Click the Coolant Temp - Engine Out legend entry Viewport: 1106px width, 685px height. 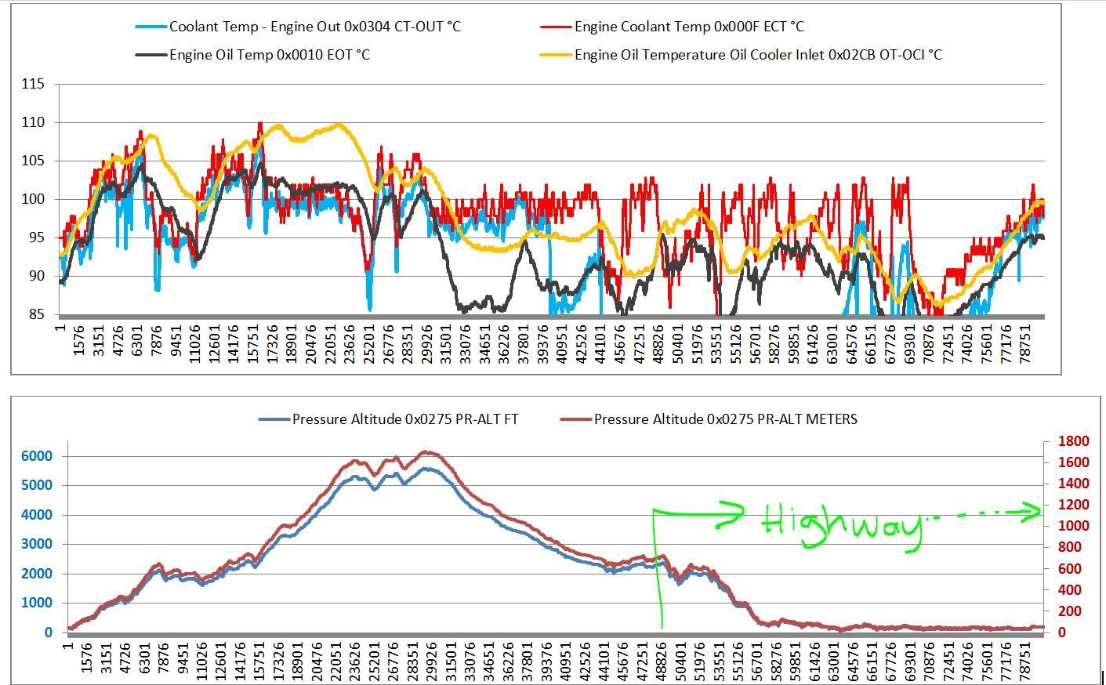coord(314,27)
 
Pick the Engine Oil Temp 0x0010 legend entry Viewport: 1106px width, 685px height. coord(269,55)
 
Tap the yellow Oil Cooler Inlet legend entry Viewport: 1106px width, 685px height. coord(757,55)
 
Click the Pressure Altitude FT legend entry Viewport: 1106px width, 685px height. coord(404,419)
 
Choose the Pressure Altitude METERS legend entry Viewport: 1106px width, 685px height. coord(724,419)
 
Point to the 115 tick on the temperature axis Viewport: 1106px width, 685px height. coord(33,84)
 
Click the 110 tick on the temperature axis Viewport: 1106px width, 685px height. coord(33,122)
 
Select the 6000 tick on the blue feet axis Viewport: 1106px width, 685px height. coord(38,456)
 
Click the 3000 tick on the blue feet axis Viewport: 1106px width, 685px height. coord(38,544)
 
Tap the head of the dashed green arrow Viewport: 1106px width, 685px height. coord(1034,513)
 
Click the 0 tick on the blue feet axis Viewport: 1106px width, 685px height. coord(48,632)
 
